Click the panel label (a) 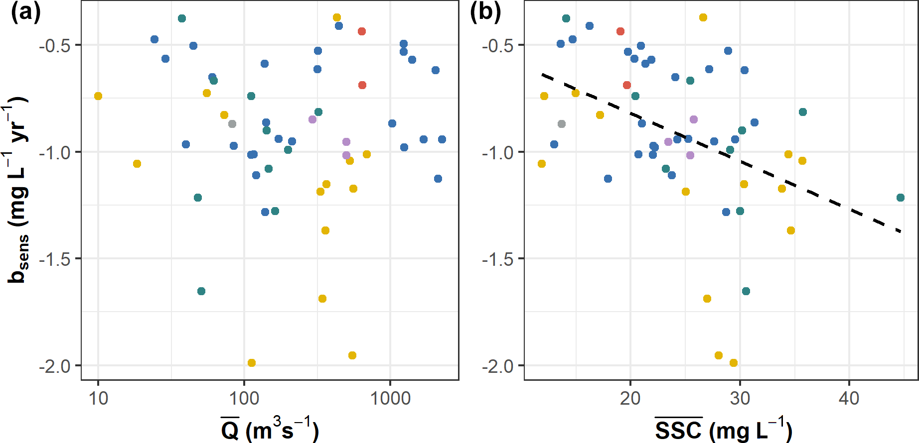25,12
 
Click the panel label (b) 485,12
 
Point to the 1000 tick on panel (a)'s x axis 390,399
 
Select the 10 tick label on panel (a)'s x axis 98,399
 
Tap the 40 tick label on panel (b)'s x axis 849,399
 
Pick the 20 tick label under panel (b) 630,399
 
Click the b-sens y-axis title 18,189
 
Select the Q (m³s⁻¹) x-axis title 269,429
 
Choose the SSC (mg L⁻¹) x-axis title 723,429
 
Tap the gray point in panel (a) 232,124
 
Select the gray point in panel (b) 562,124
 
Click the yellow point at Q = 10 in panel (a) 98,96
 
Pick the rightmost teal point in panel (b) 901,198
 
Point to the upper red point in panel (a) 362,31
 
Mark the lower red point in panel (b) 627,85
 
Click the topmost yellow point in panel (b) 703,17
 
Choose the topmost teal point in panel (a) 182,18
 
